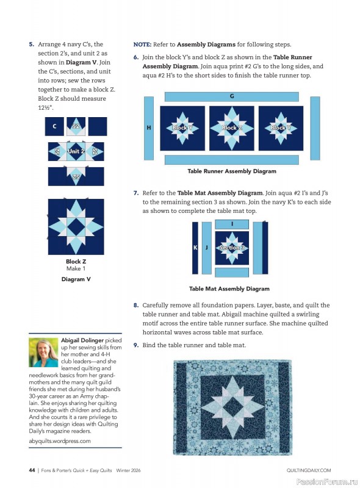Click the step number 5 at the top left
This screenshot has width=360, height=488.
(31, 44)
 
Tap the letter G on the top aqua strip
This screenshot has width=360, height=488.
(232, 96)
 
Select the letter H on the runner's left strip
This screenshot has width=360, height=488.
(149, 128)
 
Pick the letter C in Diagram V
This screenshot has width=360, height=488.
(55, 126)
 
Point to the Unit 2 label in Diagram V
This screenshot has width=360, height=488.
(76, 151)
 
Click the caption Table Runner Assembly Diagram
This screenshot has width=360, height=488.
(232, 171)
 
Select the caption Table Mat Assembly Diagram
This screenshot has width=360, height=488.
(229, 289)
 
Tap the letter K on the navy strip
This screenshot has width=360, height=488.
(195, 248)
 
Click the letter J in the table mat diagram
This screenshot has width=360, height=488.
(207, 248)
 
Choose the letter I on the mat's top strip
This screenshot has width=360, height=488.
(232, 224)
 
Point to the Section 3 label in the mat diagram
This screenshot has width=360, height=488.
(232, 248)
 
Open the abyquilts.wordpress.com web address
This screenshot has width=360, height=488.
(60, 440)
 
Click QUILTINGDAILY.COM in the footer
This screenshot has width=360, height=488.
(308, 470)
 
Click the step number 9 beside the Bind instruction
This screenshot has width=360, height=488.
(136, 345)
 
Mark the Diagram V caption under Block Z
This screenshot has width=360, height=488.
(76, 279)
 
